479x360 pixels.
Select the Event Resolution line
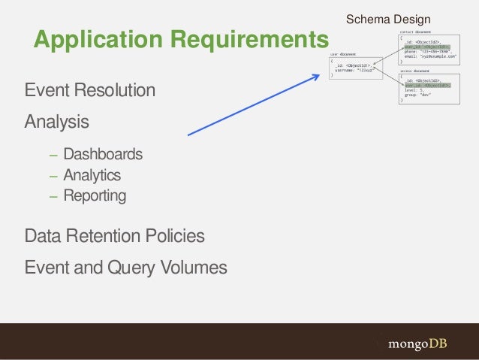pos(90,92)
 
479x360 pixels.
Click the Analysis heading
pos(57,121)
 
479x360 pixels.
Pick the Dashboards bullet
pos(102,155)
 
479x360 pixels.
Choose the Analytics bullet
pos(92,176)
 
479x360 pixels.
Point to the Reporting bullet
pos(95,196)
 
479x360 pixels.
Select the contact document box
pos(428,50)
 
